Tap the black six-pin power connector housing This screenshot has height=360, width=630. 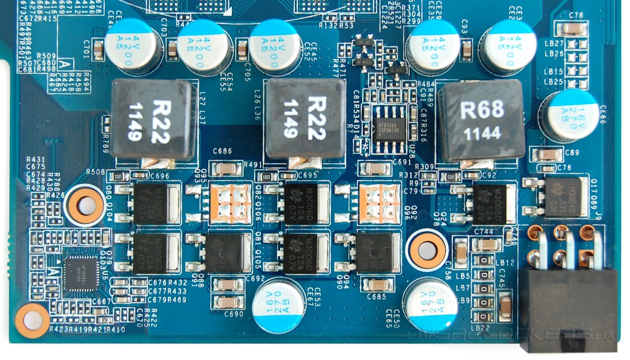[x=567, y=309]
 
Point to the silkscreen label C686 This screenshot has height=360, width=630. [x=222, y=152]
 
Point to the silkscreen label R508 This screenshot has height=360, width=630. [x=95, y=171]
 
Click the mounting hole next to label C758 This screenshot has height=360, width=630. [x=427, y=250]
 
